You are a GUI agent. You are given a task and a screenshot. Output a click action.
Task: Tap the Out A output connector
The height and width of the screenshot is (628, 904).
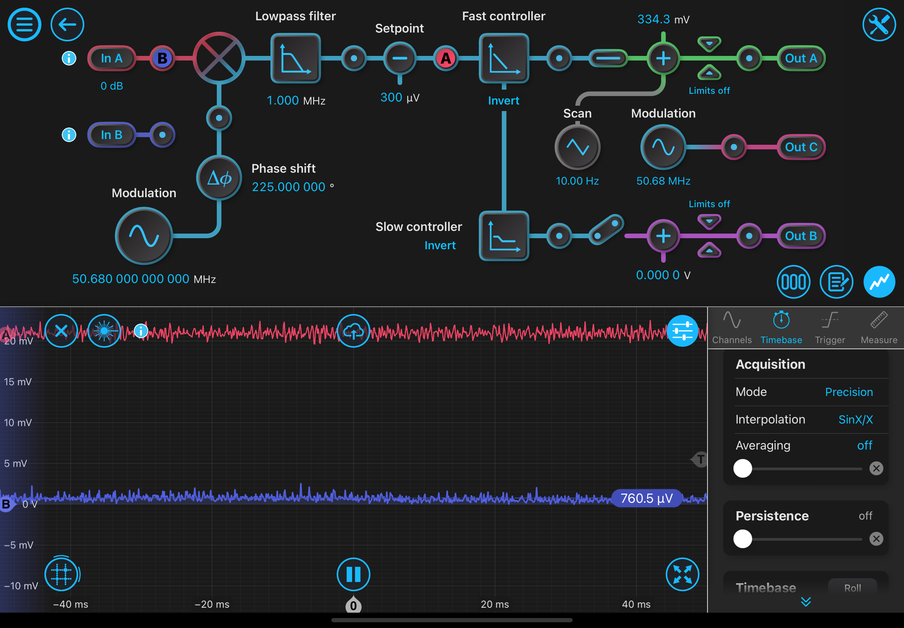[x=801, y=58]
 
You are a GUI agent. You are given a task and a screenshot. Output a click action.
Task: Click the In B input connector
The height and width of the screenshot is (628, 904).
[x=111, y=135]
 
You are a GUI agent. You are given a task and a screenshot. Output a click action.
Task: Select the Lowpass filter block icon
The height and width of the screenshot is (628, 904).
[x=295, y=58]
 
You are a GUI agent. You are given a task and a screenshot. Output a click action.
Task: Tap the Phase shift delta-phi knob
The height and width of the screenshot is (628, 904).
[x=219, y=178]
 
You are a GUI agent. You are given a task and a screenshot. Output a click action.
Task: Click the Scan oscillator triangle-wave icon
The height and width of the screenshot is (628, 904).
[x=577, y=147]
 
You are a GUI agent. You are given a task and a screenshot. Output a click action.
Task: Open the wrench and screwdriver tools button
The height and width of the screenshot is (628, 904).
[x=879, y=25]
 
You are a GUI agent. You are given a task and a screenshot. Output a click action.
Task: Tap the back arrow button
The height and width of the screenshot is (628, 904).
[x=67, y=25]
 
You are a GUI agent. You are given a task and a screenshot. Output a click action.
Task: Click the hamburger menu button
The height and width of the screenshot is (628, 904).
[x=25, y=25]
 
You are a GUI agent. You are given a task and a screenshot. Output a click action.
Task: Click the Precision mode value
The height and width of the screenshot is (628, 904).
[x=848, y=392]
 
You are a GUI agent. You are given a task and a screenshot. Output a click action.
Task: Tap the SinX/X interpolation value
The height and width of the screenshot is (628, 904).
[x=855, y=419]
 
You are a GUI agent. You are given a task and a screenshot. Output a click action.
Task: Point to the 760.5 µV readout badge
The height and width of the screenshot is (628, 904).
[x=646, y=498]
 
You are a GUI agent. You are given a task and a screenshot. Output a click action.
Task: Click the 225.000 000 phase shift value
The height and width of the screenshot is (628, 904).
[x=288, y=187]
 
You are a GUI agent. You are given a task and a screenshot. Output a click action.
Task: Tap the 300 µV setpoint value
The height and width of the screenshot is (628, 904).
[x=400, y=97]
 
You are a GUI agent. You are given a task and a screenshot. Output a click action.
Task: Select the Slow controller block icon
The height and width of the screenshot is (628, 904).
[x=504, y=236]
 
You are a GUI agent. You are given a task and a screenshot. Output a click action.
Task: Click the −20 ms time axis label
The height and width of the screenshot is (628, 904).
[x=212, y=604]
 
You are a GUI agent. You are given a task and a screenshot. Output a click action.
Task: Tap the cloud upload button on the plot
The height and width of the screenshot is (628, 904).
[x=354, y=331]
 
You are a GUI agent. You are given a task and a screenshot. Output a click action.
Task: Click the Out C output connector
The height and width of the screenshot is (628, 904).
[x=801, y=147]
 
